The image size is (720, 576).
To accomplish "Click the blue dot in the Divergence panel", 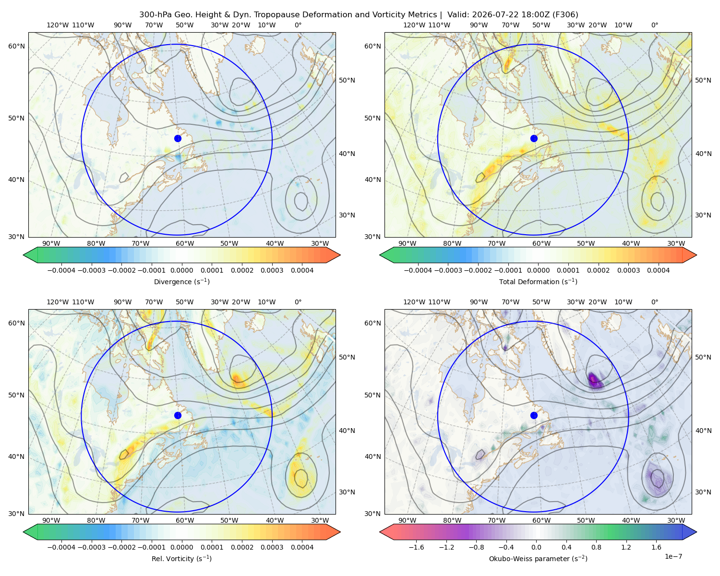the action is (178, 139).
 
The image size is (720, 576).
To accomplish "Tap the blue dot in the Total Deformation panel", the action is (534, 139).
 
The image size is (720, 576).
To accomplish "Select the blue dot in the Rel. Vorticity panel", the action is (178, 415).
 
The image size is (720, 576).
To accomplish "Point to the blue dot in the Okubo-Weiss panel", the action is (534, 415).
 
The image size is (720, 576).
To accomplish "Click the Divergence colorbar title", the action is (181, 282).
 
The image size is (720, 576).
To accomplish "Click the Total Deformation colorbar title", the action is (538, 282).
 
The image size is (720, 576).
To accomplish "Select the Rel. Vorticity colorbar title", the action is (181, 559).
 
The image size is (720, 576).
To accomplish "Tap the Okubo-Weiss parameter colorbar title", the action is (538, 559).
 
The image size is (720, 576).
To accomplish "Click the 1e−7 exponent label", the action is (673, 556).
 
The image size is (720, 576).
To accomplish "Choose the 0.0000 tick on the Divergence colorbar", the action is (181, 270).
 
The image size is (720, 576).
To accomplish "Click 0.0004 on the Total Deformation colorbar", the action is (658, 270).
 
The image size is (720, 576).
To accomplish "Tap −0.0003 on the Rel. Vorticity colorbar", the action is (91, 547).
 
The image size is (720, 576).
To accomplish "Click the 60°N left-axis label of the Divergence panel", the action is (16, 46).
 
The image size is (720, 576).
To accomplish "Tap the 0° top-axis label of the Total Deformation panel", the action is (654, 25).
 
